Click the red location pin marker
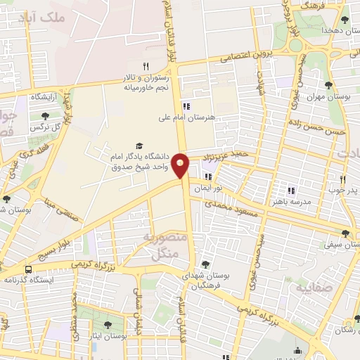point(181,165)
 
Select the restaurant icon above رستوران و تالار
point(146,65)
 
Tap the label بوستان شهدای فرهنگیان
point(206,281)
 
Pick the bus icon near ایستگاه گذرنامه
point(29,269)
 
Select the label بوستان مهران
point(328,97)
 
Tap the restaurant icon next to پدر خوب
point(342,179)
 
